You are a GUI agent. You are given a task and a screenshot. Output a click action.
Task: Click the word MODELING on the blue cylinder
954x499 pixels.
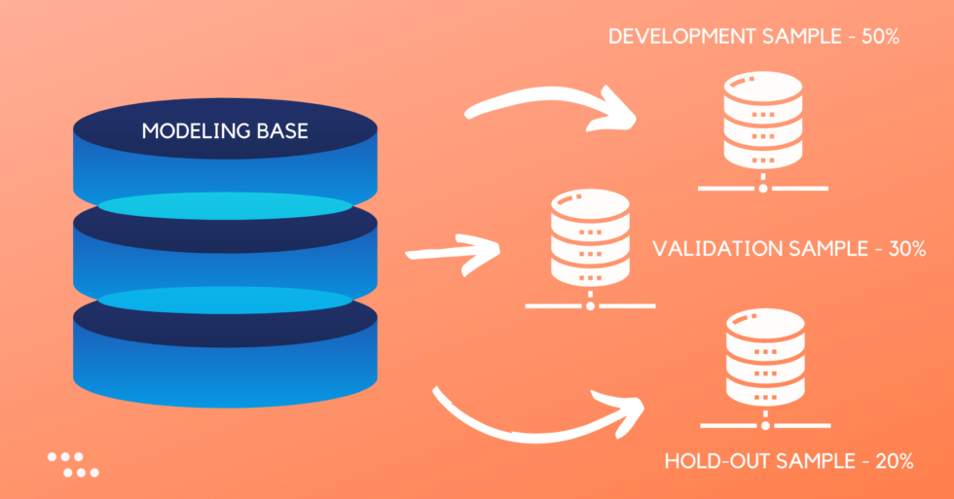[189, 130]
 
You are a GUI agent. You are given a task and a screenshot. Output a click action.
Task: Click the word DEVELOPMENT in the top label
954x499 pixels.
[681, 38]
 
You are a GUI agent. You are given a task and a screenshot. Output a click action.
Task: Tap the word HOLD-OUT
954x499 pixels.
[714, 461]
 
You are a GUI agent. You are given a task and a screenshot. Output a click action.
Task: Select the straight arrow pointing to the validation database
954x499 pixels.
[453, 250]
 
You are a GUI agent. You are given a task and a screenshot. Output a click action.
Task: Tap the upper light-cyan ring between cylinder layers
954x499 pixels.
[225, 205]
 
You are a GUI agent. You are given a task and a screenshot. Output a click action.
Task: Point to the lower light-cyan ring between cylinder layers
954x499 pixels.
[225, 300]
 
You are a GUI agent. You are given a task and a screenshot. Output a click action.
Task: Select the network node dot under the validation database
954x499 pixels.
[590, 305]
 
